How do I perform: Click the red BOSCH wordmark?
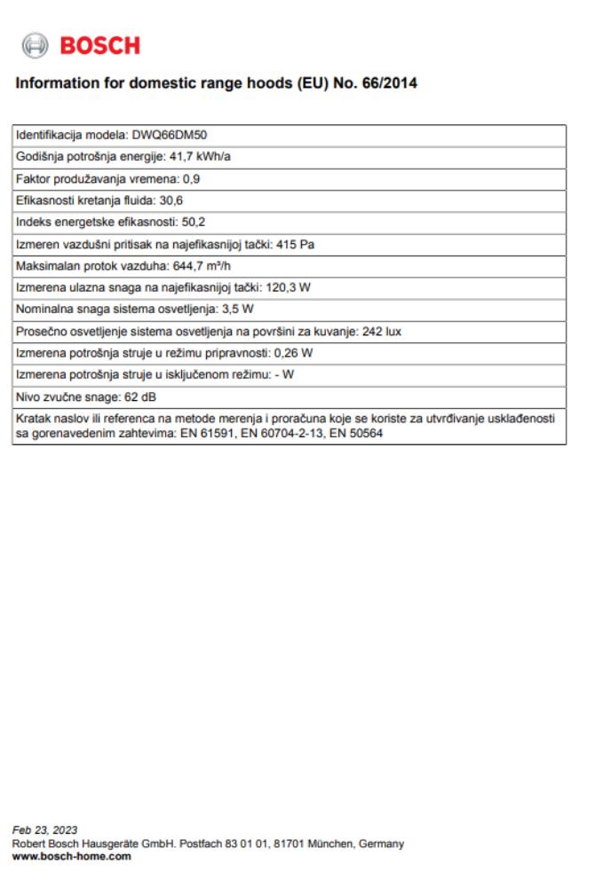click(x=99, y=45)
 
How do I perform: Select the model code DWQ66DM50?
click(x=171, y=136)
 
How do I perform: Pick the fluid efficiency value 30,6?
click(x=171, y=200)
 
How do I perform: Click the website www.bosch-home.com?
click(x=71, y=856)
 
